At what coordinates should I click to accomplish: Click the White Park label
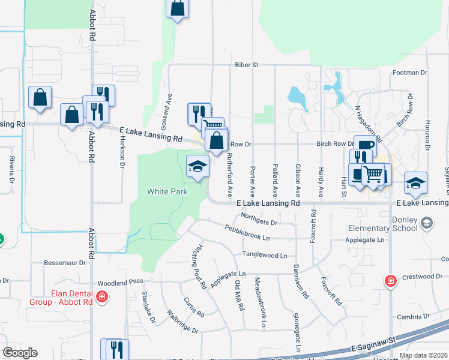[167, 192]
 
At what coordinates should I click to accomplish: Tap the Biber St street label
[246, 64]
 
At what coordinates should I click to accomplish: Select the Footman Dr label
[409, 73]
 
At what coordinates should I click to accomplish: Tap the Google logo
[20, 353]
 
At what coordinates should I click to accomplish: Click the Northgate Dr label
[259, 219]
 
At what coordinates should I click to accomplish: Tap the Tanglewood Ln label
[264, 255]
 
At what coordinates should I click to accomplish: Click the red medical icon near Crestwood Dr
[391, 280]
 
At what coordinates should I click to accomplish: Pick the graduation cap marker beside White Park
[197, 166]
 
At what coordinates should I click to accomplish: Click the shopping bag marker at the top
[177, 8]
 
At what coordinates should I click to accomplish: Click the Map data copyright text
[423, 355]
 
